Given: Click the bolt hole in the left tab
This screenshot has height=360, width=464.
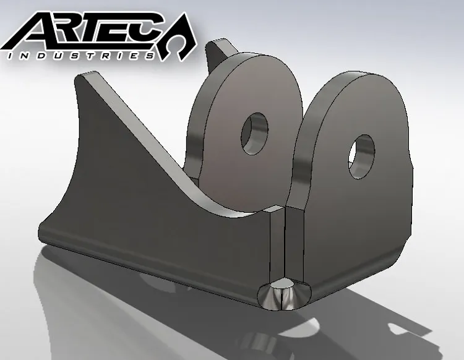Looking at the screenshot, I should pyautogui.click(x=255, y=132).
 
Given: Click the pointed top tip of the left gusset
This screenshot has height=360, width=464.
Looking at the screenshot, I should pyautogui.click(x=80, y=77).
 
